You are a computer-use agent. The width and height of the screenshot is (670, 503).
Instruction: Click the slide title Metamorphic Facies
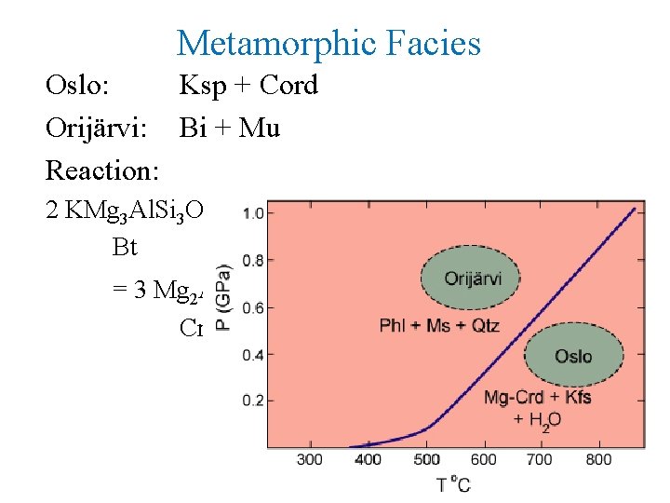tap(328, 43)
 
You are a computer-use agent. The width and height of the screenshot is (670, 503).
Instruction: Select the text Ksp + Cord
tap(248, 86)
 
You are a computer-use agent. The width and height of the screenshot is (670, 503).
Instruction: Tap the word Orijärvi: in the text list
tap(96, 129)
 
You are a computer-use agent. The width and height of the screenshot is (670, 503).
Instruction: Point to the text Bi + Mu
tap(230, 129)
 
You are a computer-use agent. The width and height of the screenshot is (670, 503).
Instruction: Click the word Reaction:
tap(102, 171)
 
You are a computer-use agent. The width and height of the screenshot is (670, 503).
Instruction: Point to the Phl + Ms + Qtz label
tap(439, 325)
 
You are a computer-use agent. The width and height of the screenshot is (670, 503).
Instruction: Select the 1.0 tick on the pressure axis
tap(251, 213)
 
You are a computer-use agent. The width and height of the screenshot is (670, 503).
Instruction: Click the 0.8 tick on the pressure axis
tap(251, 260)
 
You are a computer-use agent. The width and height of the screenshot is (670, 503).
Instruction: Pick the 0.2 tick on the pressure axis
tap(251, 401)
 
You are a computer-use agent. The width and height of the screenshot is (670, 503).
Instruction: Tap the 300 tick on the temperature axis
tap(310, 459)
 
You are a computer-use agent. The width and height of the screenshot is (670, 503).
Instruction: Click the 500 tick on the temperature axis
tap(426, 459)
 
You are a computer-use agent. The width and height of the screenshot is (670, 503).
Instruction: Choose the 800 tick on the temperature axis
tap(600, 459)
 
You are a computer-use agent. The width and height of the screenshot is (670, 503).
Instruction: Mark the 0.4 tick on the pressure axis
tap(251, 354)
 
